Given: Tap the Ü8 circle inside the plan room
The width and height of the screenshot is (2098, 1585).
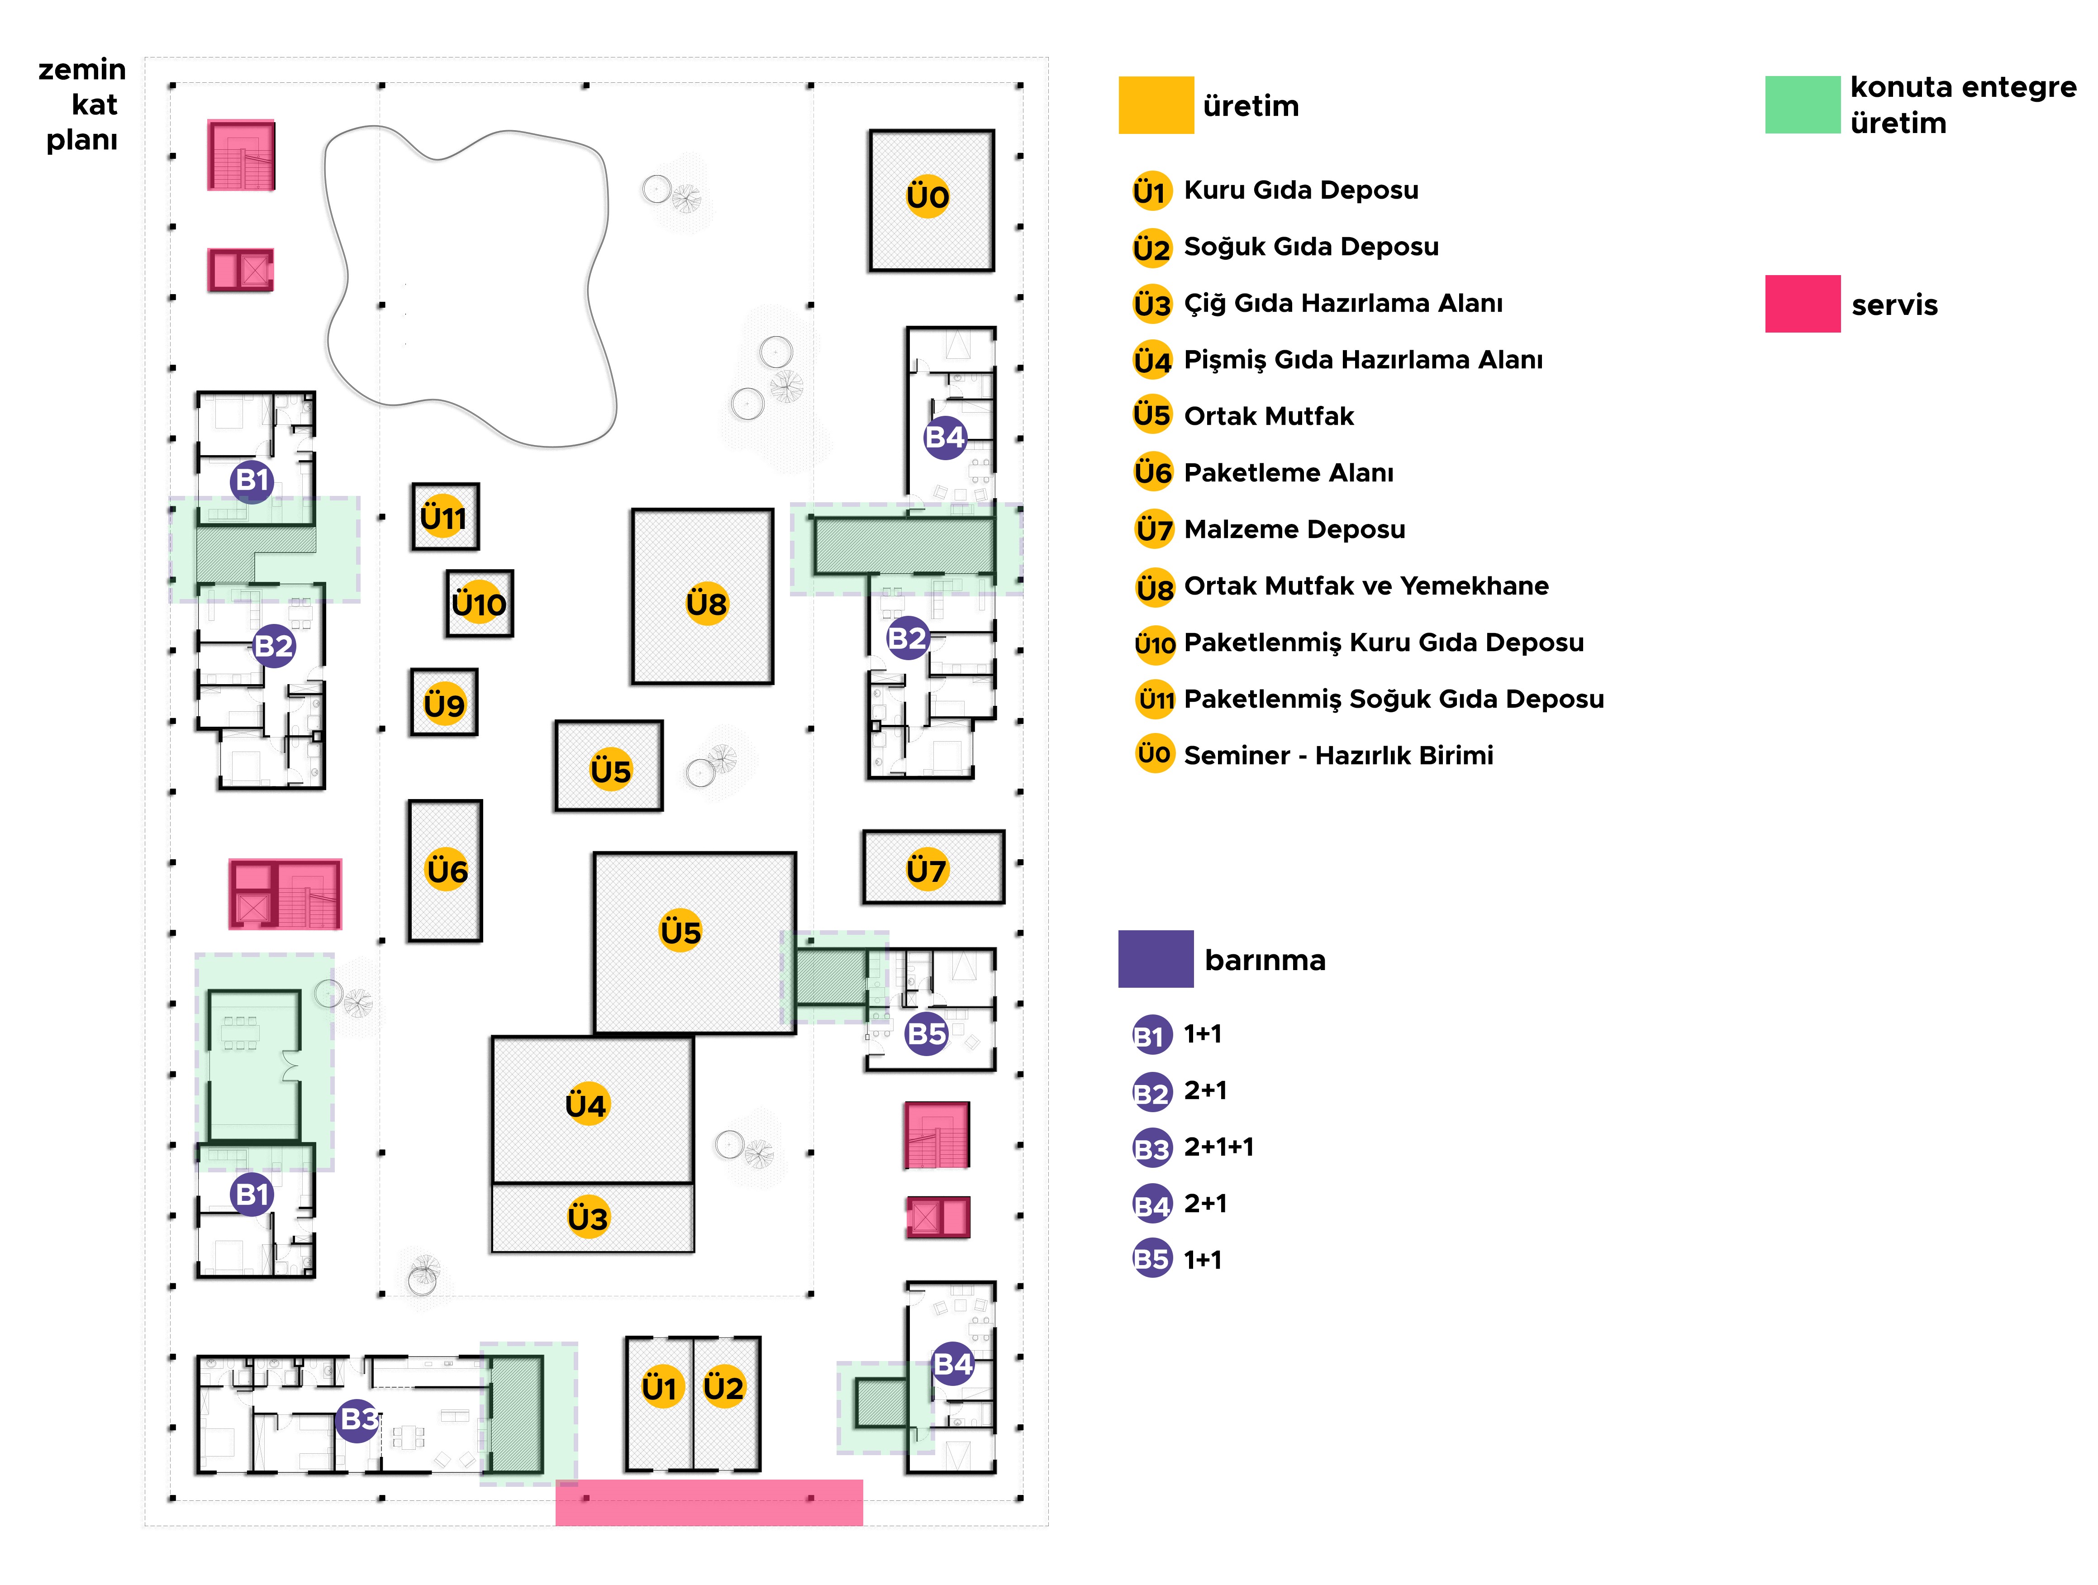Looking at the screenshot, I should [x=707, y=603].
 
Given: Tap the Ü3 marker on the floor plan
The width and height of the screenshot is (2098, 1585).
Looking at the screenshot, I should [x=587, y=1217].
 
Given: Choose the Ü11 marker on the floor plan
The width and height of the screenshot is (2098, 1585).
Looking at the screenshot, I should [x=443, y=517].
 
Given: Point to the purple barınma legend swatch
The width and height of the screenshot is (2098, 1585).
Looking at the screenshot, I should [x=1155, y=959].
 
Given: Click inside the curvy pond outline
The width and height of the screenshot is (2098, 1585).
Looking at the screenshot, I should [x=465, y=285].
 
